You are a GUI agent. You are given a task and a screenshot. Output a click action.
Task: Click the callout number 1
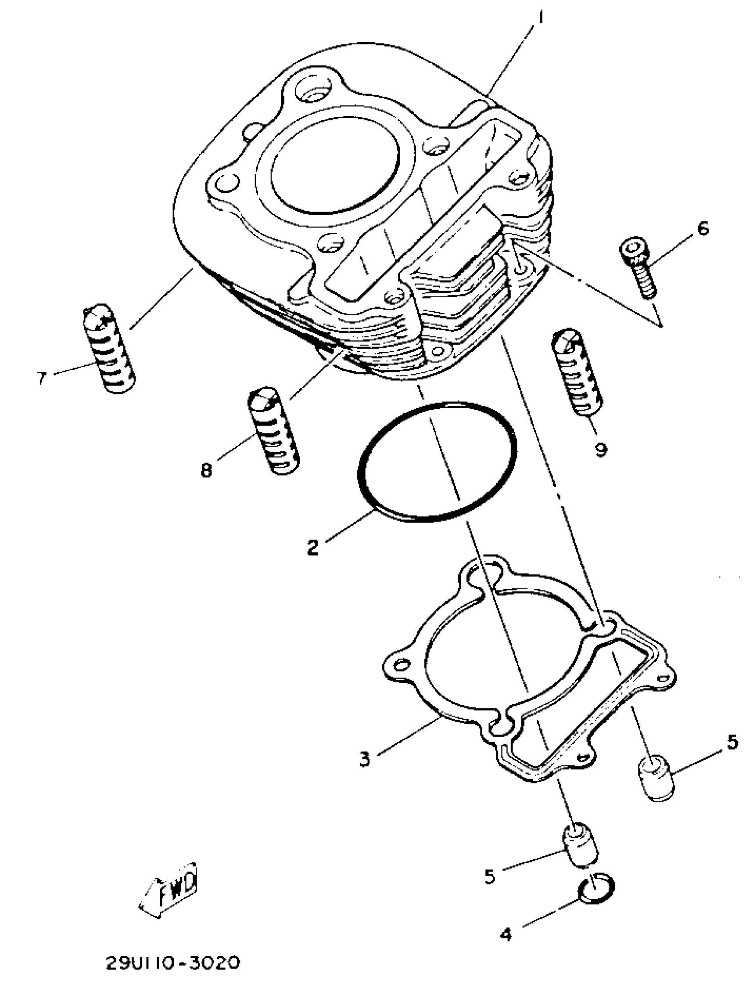coord(541,18)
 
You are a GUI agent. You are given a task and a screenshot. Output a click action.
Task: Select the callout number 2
coord(312,548)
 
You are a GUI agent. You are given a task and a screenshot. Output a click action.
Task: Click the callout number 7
coord(42,378)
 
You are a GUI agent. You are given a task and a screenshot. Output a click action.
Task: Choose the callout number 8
coord(206,471)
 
